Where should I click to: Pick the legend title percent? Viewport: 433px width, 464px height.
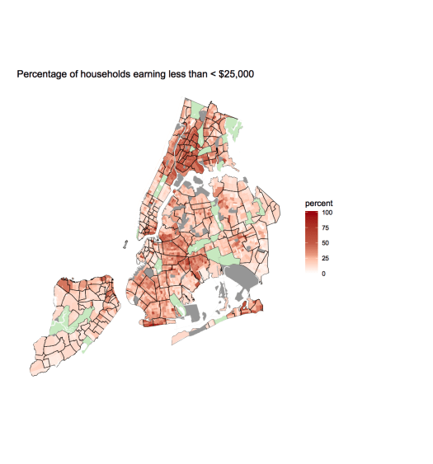point(318,204)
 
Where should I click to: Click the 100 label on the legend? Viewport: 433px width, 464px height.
point(327,213)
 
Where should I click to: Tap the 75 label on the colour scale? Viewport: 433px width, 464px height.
point(326,227)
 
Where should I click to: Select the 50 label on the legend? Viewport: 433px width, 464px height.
point(326,242)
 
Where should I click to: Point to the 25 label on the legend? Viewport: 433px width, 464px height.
point(326,258)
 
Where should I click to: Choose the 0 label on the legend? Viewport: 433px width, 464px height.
point(323,273)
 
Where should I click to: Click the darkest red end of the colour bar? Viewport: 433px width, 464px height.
point(311,213)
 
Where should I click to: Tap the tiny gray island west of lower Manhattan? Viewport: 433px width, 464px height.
point(122,243)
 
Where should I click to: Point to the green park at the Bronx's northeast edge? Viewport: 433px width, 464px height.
point(233,129)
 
